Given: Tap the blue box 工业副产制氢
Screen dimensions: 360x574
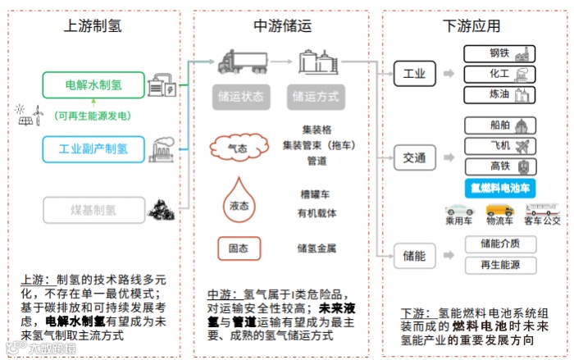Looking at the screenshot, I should (x=93, y=148).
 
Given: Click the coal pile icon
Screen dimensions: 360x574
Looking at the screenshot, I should (x=160, y=212).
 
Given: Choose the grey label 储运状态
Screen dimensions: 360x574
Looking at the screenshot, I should (x=241, y=96).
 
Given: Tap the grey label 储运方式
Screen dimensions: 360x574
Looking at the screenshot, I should (x=316, y=96).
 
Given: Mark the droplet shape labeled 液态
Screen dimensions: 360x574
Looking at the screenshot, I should (x=237, y=203).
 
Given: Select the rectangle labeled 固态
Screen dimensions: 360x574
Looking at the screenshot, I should (x=239, y=248).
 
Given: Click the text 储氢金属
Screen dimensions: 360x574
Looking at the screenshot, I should (x=317, y=248).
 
